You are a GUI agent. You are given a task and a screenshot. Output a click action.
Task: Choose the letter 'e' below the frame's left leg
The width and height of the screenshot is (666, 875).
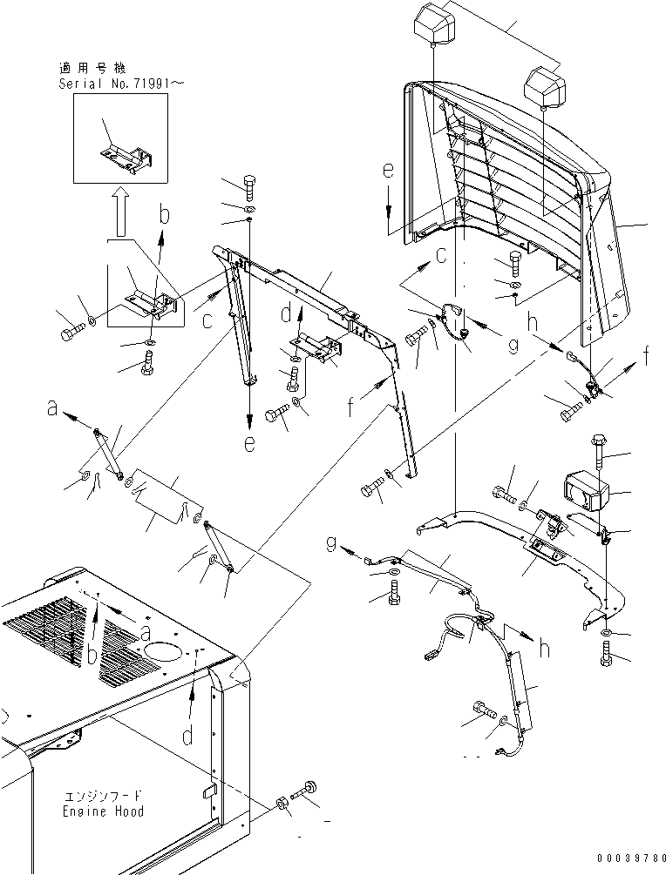(249, 442)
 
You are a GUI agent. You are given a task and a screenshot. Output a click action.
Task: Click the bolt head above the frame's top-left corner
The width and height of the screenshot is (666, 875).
(247, 185)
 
